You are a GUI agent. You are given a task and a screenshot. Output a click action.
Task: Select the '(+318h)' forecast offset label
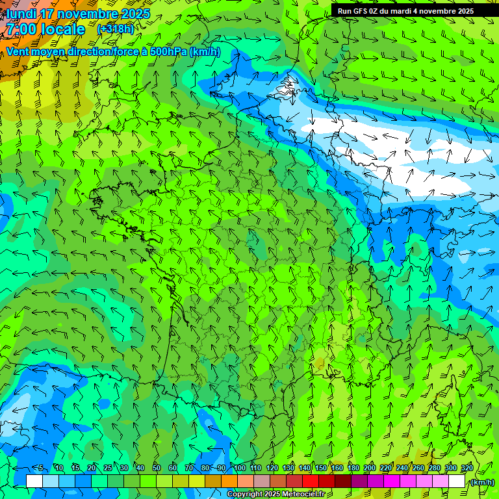pyautogui.click(x=115, y=29)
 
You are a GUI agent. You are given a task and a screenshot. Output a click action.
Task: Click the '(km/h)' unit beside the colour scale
pyautogui.click(x=481, y=481)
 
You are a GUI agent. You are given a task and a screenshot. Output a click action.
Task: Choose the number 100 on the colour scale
pyautogui.click(x=239, y=468)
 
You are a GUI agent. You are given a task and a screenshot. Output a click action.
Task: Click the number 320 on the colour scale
pyautogui.click(x=467, y=468)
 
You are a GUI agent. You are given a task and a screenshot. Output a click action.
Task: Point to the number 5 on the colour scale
pyautogui.click(x=41, y=468)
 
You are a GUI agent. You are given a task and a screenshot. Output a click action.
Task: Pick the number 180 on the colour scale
pyautogui.click(x=353, y=468)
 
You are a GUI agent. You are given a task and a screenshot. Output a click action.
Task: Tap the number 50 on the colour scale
pyautogui.click(x=157, y=468)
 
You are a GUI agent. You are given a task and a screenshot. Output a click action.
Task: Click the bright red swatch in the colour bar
pyautogui.click(x=311, y=481)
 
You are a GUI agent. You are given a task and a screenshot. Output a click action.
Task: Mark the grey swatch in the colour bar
pyautogui.click(x=262, y=481)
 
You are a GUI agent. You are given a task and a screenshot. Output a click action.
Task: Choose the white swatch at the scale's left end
pyautogui.click(x=34, y=481)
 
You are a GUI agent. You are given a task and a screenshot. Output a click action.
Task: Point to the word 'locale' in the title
pyautogui.click(x=64, y=29)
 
